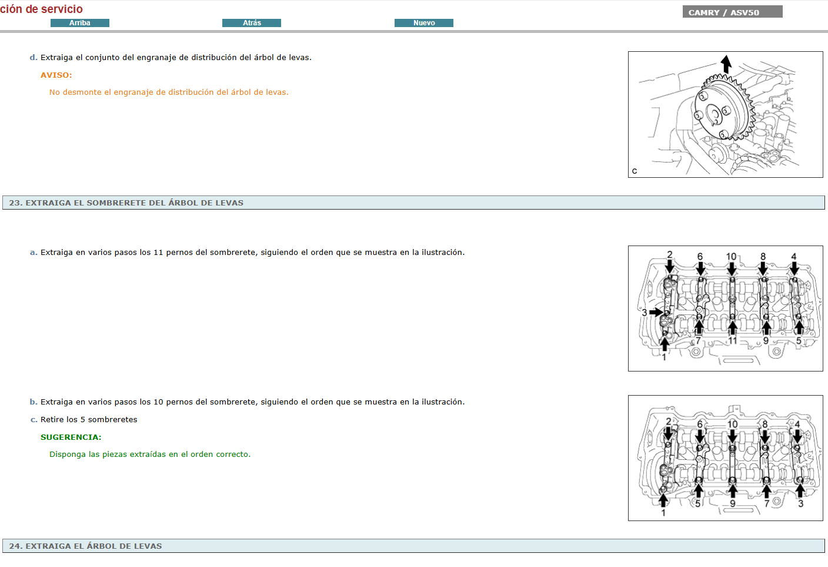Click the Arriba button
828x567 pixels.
point(80,23)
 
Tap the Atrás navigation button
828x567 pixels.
point(252,23)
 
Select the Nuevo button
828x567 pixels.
point(424,23)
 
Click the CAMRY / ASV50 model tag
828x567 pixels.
point(732,12)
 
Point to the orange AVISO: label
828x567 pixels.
point(56,75)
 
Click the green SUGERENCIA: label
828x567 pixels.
point(71,437)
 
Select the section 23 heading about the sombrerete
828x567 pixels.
point(126,203)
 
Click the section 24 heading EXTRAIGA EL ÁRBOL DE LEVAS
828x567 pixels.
point(86,546)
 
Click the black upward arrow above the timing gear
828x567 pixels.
point(726,64)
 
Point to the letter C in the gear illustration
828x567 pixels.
point(635,171)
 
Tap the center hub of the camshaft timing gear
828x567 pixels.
point(714,113)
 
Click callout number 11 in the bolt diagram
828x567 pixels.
point(733,340)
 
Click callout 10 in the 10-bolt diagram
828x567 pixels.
point(732,424)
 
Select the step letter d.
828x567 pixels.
point(33,58)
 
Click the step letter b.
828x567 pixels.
point(33,402)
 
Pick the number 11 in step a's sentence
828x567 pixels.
point(158,253)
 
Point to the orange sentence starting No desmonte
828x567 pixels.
point(169,92)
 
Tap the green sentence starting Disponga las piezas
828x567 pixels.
point(150,455)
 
